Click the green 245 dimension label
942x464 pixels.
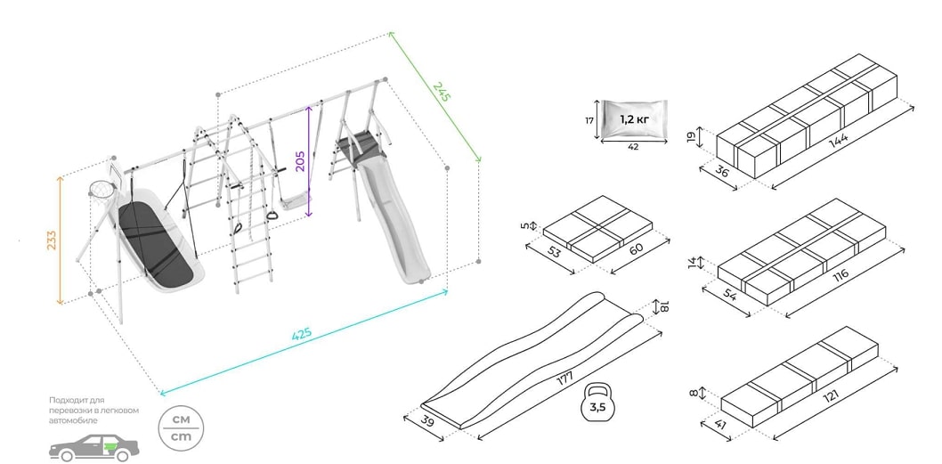click(x=442, y=94)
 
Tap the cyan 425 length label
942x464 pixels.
click(x=303, y=336)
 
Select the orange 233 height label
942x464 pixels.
click(x=52, y=240)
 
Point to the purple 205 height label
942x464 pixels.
click(x=301, y=160)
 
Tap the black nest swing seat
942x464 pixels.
click(x=158, y=241)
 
